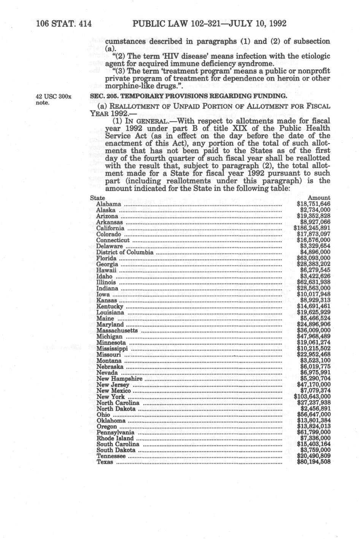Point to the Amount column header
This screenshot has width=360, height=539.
[x=319, y=198]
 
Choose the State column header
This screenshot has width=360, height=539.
[x=98, y=198]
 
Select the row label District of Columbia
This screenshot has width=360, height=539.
[x=125, y=252]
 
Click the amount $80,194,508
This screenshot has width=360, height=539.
[x=314, y=462]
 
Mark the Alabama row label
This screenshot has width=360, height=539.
[x=109, y=204]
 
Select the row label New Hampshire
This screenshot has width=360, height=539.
[x=119, y=379]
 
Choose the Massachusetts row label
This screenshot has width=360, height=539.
[x=117, y=330]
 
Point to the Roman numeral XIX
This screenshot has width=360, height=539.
[x=236, y=128]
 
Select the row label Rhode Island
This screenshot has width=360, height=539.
[x=115, y=438]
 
